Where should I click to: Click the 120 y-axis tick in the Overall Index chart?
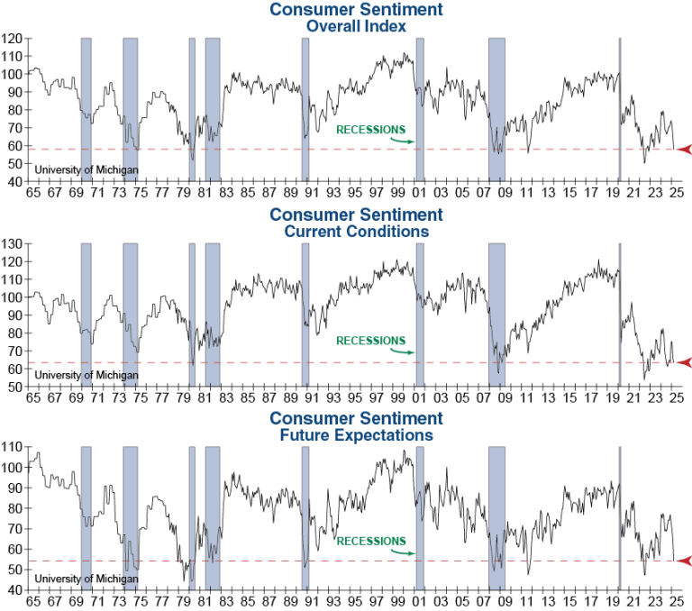point(13,39)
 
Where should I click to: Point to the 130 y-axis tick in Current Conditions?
point(13,244)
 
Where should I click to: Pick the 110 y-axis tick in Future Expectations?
point(13,447)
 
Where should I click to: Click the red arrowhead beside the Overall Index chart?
point(684,149)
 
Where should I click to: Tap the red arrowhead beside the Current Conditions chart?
point(684,362)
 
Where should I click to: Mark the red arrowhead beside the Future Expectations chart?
point(684,561)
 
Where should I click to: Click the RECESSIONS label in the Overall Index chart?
point(370,130)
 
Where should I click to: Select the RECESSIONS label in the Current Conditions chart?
point(370,341)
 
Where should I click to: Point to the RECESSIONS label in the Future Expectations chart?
point(370,541)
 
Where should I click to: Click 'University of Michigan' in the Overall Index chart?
point(86,169)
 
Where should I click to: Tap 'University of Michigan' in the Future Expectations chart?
point(86,578)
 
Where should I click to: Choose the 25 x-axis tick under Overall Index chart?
point(677,193)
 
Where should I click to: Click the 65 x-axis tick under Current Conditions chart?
point(33,397)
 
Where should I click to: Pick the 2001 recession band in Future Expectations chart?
point(420,514)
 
